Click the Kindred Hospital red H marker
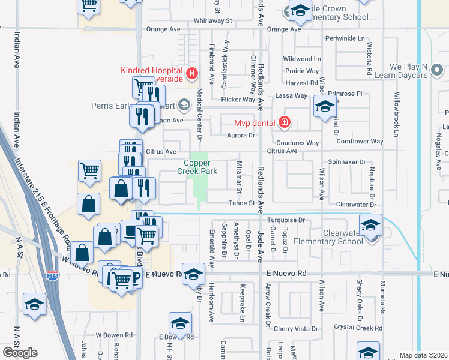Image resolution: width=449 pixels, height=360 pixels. coord(192,74)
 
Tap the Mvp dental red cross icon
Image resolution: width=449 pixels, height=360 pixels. coord(283,123)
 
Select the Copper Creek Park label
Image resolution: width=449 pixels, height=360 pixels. coord(202,167)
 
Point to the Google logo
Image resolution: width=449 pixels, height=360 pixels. coord(20,352)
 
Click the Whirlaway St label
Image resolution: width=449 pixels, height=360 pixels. coord(209,20)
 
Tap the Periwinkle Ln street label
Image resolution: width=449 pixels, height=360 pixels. coord(349,38)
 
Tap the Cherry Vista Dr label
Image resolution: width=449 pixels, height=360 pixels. coord(296,329)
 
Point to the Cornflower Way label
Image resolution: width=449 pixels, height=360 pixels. coord(360,142)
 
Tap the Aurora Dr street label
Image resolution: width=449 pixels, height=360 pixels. coord(241,136)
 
